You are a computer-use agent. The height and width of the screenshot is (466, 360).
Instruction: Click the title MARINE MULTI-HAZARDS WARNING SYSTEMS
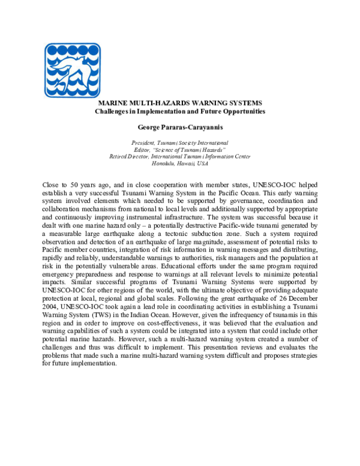click(x=181, y=103)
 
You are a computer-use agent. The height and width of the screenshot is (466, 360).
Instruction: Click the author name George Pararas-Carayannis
click(x=180, y=127)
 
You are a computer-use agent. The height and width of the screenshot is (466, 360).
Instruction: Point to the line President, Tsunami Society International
click(x=180, y=143)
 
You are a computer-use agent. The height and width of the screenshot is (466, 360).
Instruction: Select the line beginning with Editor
click(x=180, y=150)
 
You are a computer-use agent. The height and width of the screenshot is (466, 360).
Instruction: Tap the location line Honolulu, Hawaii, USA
click(x=180, y=163)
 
